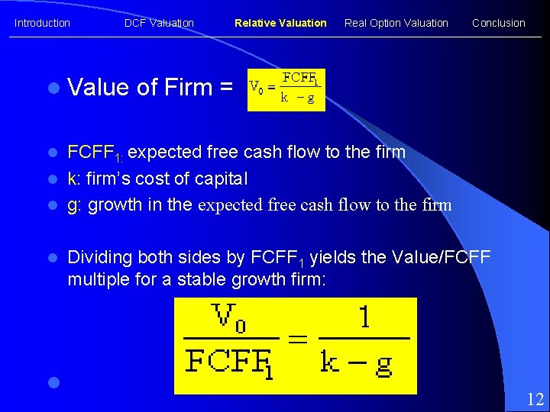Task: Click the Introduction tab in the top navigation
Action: coord(42,23)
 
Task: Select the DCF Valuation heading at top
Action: coord(159,23)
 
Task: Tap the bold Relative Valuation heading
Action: coord(280,23)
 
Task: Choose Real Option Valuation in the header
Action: coord(396,23)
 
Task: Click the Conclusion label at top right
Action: coord(498,23)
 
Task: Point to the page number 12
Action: coord(535,398)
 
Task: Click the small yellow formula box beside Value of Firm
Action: coord(286,89)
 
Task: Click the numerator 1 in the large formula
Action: coord(364,317)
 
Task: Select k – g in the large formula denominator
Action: coord(356,362)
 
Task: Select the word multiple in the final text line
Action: coord(95,279)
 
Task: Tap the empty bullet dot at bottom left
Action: coord(52,381)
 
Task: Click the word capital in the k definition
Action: coord(220,179)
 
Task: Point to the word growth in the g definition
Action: coord(114,204)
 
